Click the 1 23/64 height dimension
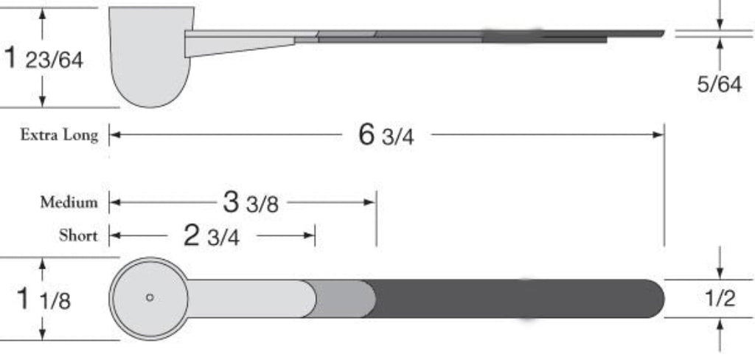click(x=44, y=59)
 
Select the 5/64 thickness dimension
click(x=720, y=85)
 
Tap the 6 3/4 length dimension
click(x=386, y=135)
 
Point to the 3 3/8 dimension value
click(x=251, y=203)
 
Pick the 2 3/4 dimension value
click(x=212, y=236)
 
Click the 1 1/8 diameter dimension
click(x=44, y=299)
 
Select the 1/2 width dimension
click(x=720, y=299)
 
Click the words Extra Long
click(x=59, y=135)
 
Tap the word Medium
click(x=69, y=202)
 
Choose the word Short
click(x=78, y=236)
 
